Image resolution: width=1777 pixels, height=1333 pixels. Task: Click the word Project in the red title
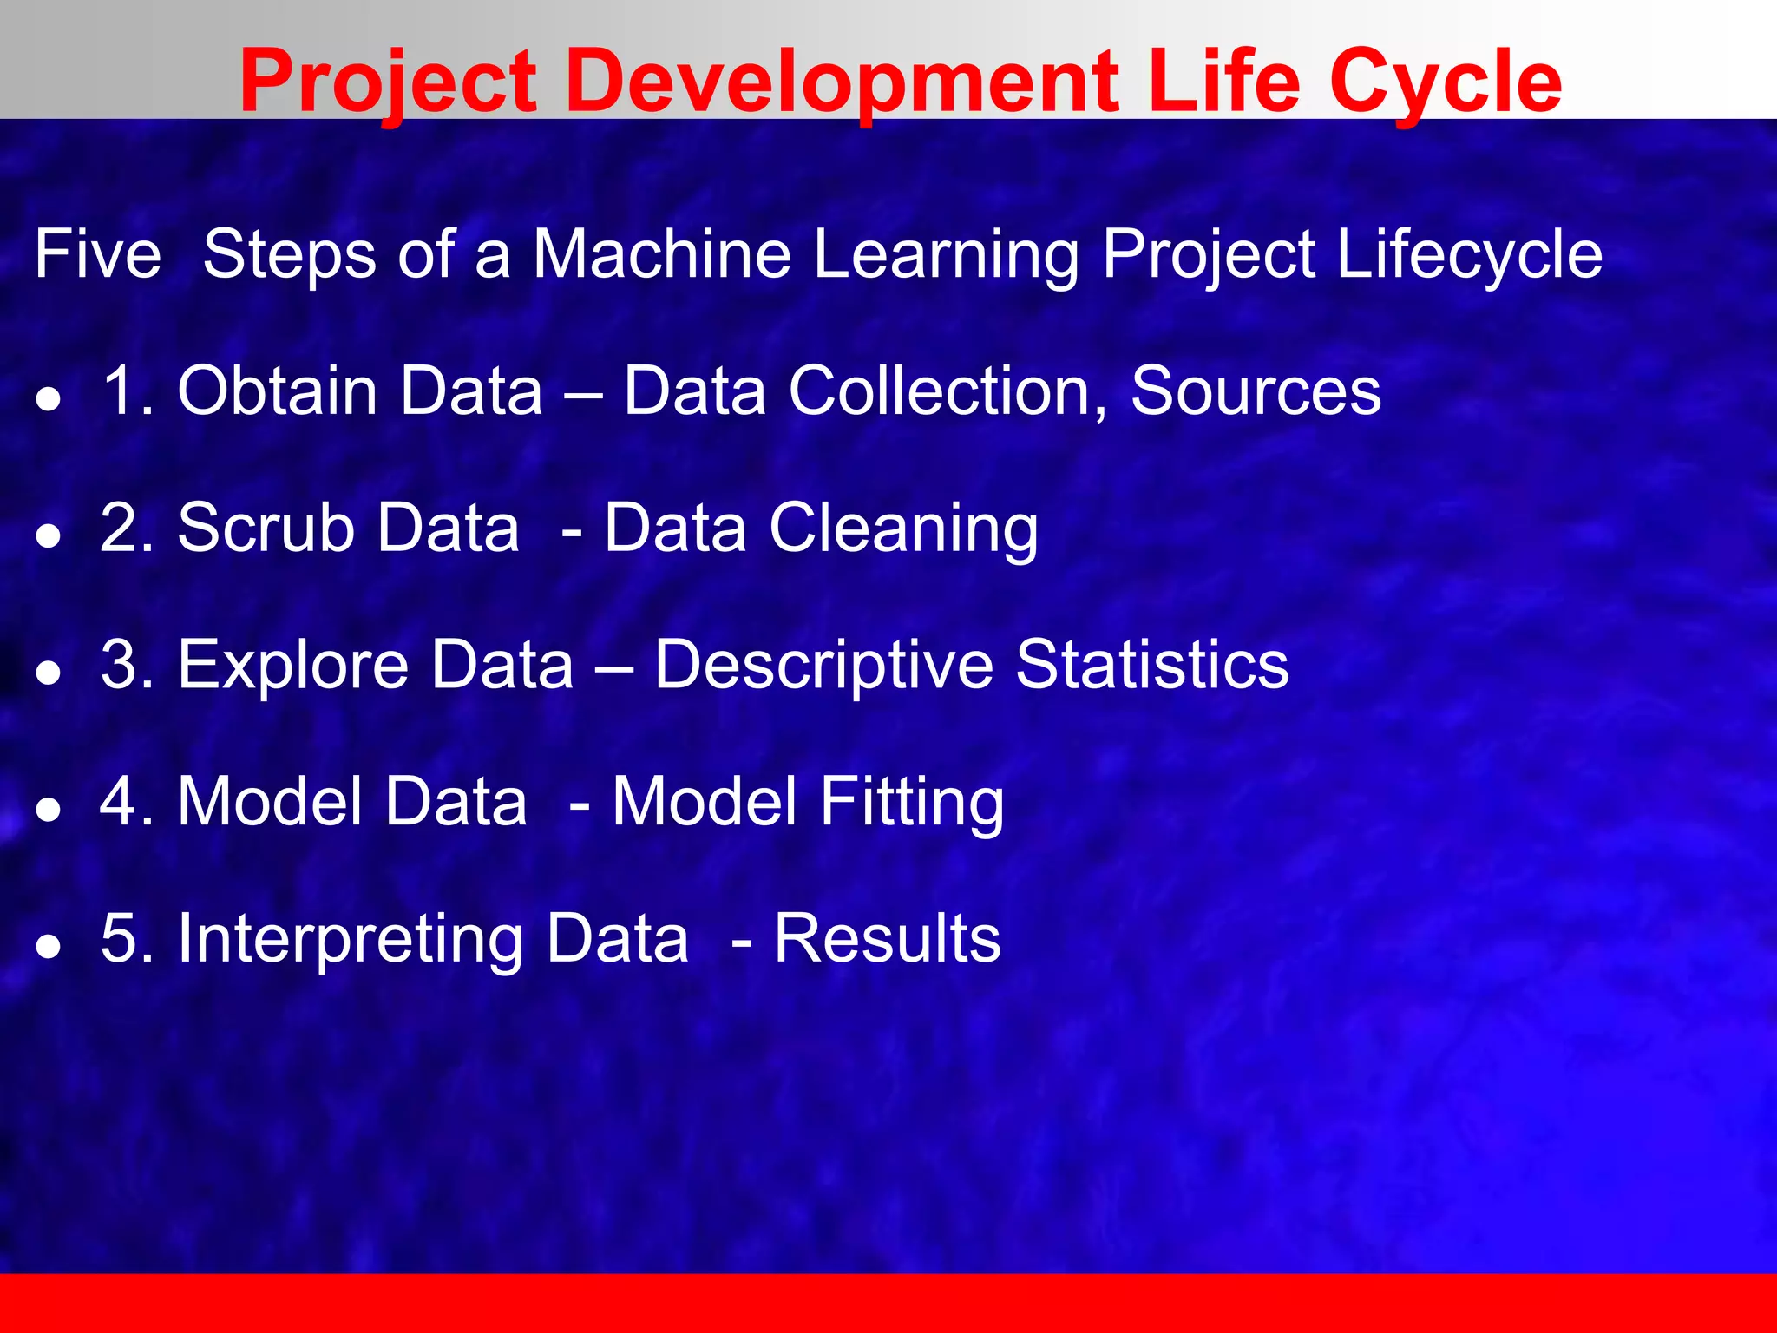click(388, 82)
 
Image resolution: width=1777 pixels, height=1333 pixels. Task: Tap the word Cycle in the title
click(1445, 82)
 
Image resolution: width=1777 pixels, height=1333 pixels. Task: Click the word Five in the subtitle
click(98, 254)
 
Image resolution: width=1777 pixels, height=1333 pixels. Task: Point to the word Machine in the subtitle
click(661, 254)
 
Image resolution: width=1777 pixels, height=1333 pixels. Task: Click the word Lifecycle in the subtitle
click(1469, 254)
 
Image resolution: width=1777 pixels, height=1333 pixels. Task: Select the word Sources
click(1256, 391)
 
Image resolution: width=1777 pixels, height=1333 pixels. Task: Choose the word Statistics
click(1152, 664)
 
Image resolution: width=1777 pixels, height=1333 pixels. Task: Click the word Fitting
click(912, 802)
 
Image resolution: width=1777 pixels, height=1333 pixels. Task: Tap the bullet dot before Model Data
click(49, 809)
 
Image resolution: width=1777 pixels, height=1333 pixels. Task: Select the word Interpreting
click(350, 939)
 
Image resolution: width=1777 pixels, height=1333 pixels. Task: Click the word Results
click(887, 937)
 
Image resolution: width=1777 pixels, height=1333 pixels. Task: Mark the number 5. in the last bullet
click(127, 937)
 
